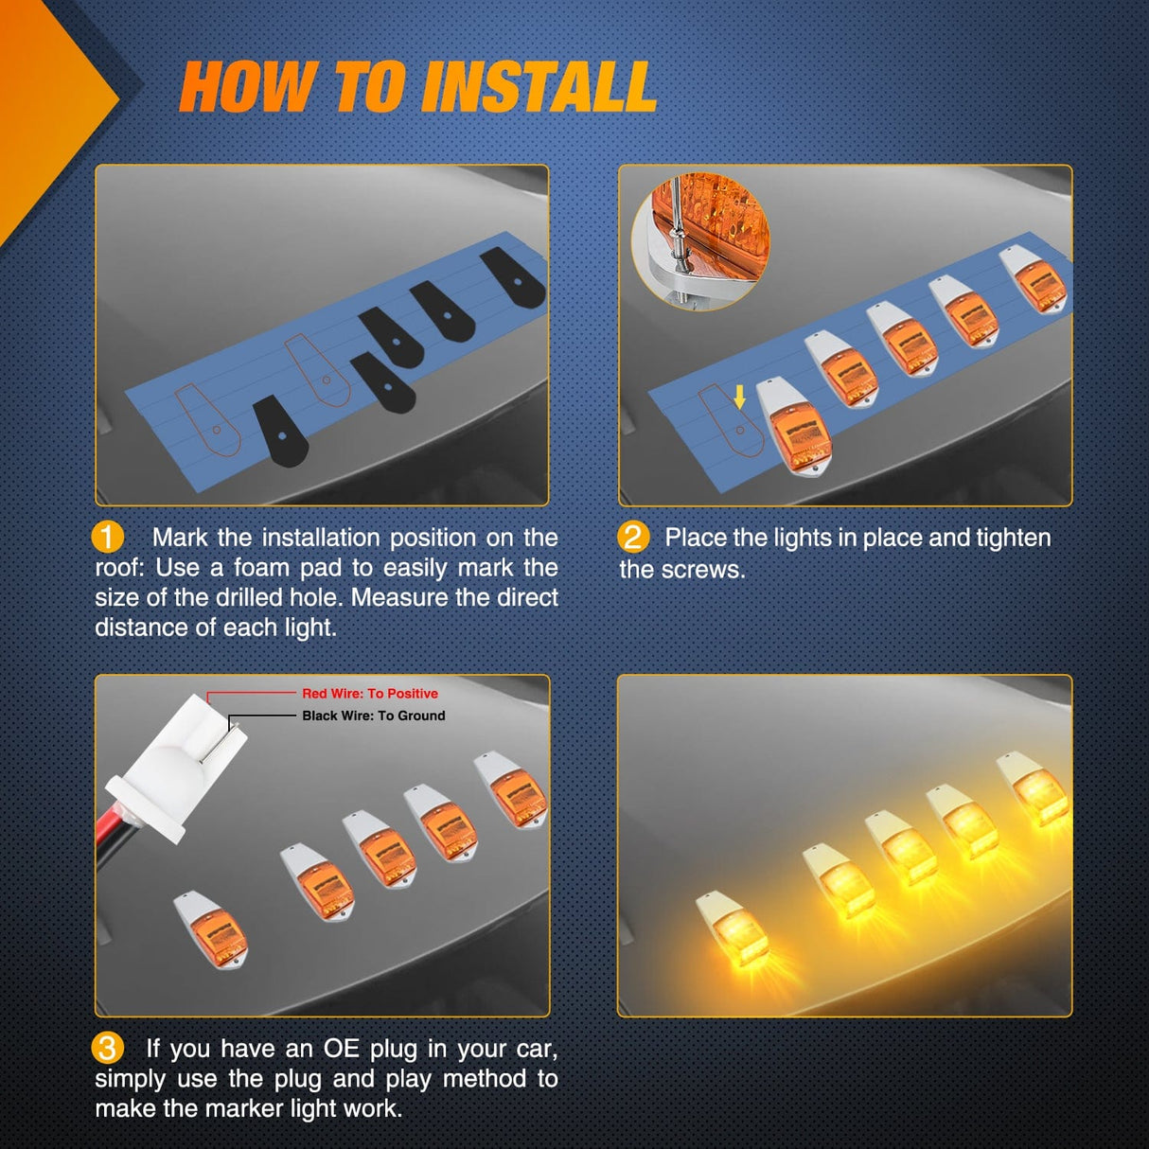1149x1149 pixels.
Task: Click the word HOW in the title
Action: click(248, 87)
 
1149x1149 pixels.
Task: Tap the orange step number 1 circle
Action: click(107, 537)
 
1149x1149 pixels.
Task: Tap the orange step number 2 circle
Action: click(632, 537)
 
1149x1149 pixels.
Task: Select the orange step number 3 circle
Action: click(107, 1048)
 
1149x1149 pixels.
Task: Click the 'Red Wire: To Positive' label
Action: click(369, 694)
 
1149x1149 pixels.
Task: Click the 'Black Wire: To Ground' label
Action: click(373, 716)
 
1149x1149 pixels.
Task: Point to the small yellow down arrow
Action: click(739, 397)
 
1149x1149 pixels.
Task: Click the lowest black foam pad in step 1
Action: click(281, 431)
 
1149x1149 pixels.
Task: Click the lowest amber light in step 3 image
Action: click(212, 928)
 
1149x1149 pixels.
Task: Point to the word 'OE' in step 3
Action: click(342, 1049)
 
